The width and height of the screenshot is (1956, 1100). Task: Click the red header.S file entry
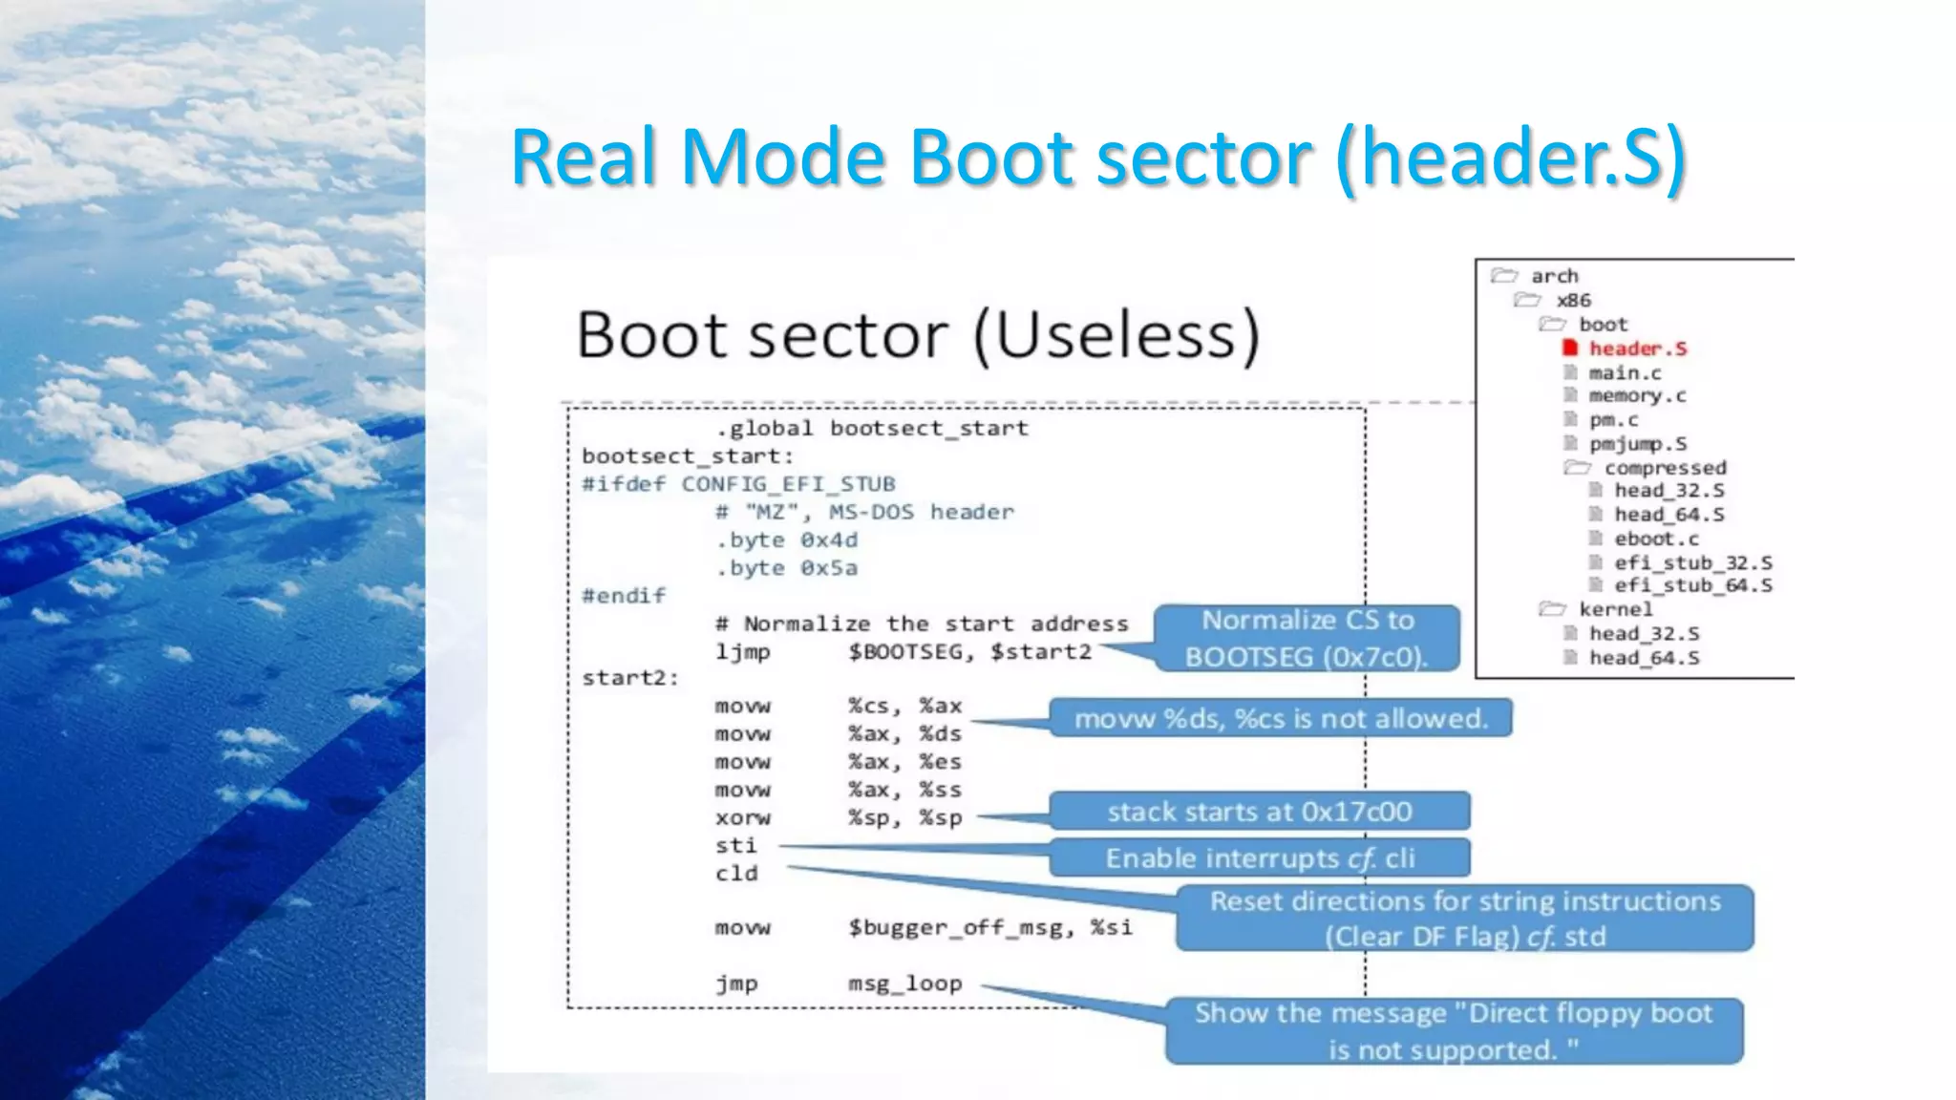click(1637, 349)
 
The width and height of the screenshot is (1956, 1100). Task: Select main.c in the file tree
click(1625, 372)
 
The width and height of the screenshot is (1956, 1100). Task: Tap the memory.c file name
click(1637, 395)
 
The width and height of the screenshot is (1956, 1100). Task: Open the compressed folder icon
click(1577, 467)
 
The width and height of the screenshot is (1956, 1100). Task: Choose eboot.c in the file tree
click(1656, 539)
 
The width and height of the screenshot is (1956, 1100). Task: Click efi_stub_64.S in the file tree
click(1692, 585)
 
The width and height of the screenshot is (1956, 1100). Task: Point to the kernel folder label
click(1615, 609)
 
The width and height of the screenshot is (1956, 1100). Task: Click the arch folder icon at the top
click(1504, 276)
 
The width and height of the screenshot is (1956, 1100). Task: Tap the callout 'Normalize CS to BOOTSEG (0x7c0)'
click(1307, 639)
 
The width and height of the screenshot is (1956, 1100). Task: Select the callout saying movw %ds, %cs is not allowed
click(1281, 718)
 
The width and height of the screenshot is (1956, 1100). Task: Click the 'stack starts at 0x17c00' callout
click(1259, 812)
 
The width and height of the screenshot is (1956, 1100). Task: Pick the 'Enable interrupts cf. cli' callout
click(1259, 858)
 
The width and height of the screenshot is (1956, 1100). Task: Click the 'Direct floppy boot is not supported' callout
click(1453, 1031)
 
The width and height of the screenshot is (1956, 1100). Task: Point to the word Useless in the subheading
click(1116, 336)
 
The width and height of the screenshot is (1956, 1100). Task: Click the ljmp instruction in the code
click(742, 652)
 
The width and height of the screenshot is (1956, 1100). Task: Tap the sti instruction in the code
click(735, 846)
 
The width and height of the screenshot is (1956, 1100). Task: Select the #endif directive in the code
click(624, 596)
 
